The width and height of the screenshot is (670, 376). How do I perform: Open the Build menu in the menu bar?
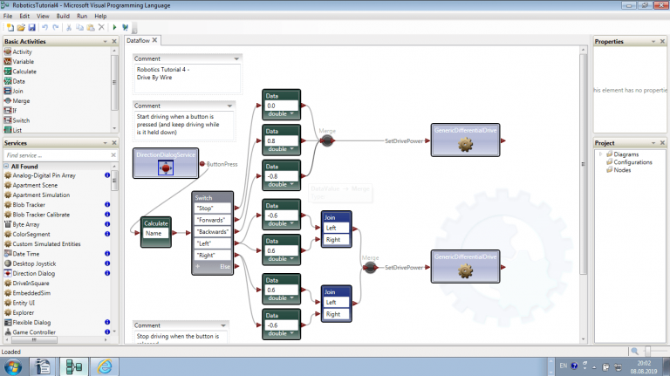coord(63,16)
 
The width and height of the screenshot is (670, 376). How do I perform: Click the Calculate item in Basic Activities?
coord(24,72)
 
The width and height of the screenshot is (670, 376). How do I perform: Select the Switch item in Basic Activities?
coord(21,120)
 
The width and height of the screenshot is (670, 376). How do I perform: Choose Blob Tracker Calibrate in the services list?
coord(41,215)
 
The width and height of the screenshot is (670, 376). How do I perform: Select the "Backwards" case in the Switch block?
coord(212,232)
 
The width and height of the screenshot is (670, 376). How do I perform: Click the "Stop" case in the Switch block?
coord(212,209)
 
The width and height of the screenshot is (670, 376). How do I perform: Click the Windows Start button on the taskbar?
coord(12,366)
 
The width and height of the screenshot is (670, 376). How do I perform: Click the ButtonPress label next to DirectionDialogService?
coord(224,164)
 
